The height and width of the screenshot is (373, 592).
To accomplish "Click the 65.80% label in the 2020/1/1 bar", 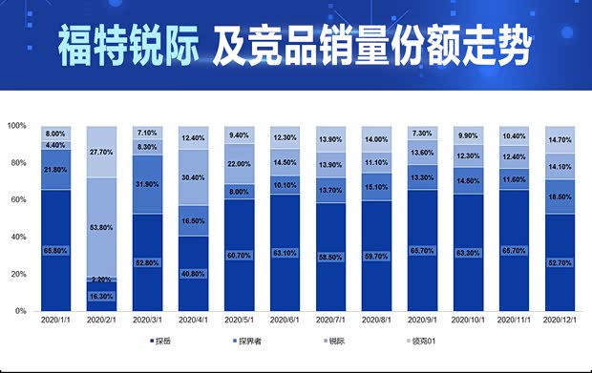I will pos(55,250).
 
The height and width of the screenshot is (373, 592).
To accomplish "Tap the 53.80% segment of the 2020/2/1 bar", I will pos(101,229).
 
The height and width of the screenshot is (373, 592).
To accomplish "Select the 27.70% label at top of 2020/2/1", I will pos(101,152).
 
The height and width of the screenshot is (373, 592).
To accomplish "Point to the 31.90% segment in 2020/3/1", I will pos(148,184).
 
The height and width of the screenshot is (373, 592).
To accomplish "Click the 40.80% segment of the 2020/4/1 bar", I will pos(194,274).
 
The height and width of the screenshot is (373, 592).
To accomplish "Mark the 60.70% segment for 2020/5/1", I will pos(240,256).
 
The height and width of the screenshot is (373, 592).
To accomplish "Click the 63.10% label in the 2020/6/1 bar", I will pos(285,254).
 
